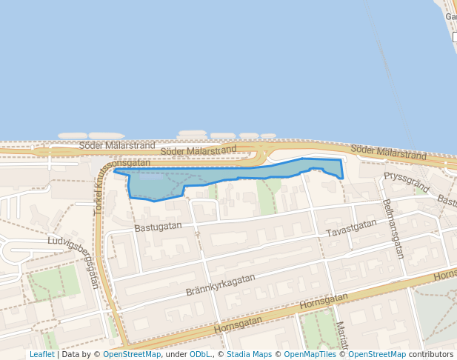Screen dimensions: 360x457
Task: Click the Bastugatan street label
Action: pyautogui.click(x=158, y=225)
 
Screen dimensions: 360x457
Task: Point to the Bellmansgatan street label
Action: pyautogui.click(x=393, y=228)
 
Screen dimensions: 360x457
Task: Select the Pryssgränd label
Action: pyautogui.click(x=406, y=181)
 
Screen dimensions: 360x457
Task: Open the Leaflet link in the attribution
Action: pyautogui.click(x=41, y=354)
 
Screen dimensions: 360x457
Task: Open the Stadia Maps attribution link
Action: pyautogui.click(x=249, y=354)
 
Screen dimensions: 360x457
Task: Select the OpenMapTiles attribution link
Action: pyautogui.click(x=311, y=354)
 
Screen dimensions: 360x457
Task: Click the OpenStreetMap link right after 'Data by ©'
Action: pyautogui.click(x=132, y=354)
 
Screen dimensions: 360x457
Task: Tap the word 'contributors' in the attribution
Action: pyautogui.click(x=431, y=354)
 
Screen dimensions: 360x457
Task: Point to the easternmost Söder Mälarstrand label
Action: pyautogui.click(x=389, y=153)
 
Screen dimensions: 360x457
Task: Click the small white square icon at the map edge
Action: pyautogui.click(x=454, y=37)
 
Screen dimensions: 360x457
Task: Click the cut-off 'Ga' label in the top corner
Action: pyautogui.click(x=450, y=16)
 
